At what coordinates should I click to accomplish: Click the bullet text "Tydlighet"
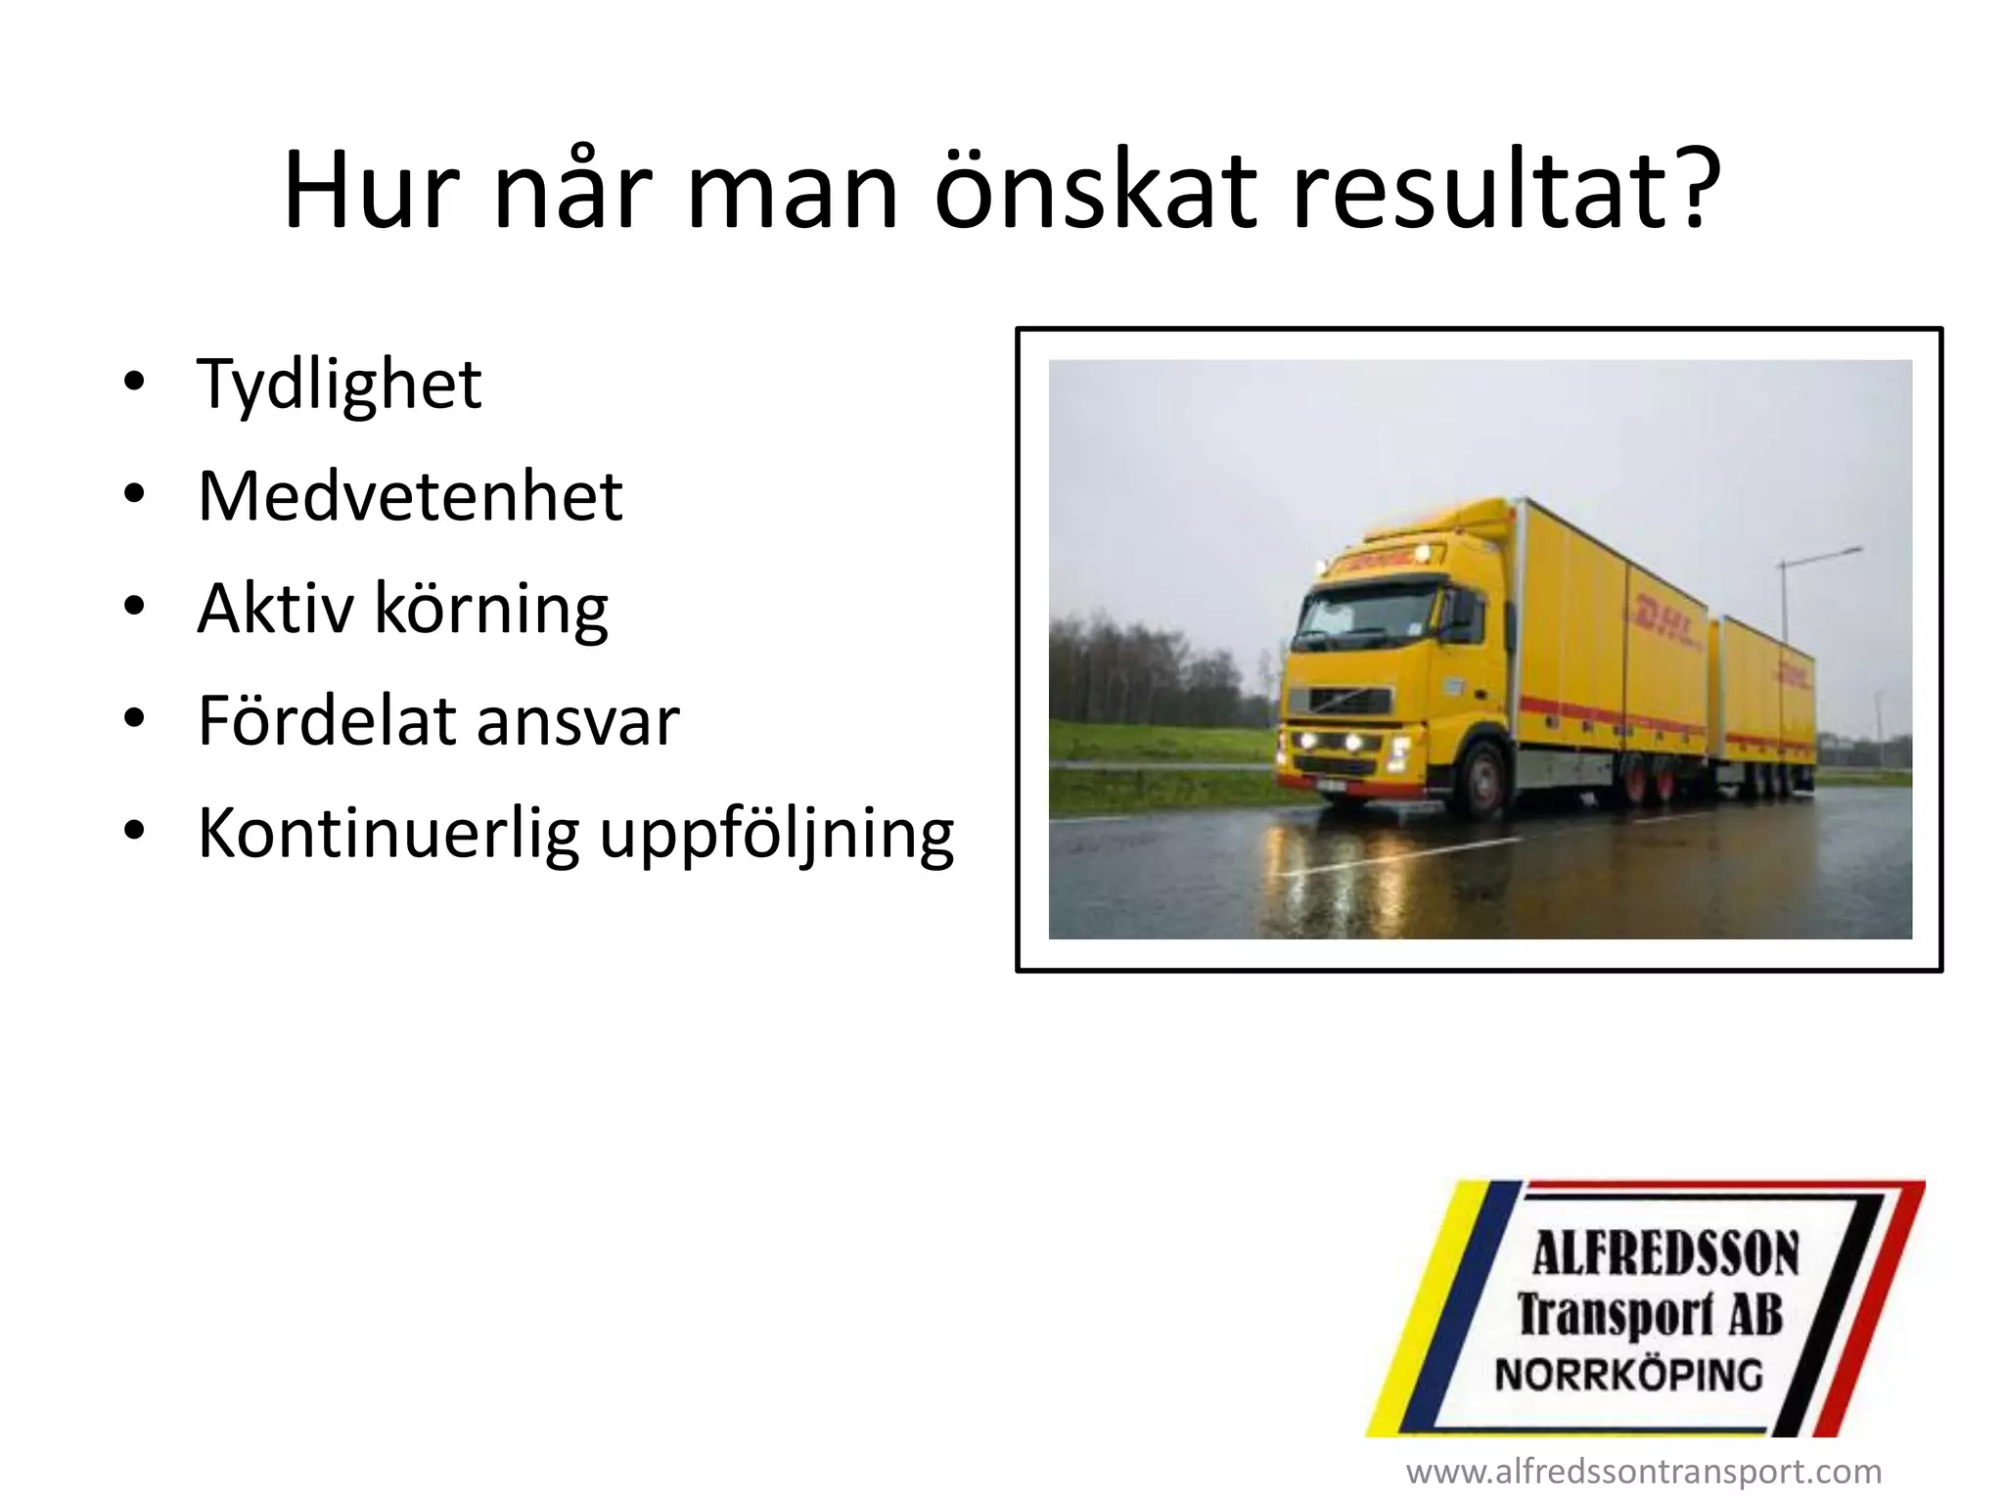(339, 385)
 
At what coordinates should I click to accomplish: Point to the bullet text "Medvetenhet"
(410, 496)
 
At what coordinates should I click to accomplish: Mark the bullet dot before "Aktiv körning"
(134, 607)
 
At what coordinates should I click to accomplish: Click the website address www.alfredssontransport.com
(1644, 1472)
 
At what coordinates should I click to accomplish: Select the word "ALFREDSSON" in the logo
(1665, 1254)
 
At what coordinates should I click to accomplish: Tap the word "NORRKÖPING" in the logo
(1629, 1376)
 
